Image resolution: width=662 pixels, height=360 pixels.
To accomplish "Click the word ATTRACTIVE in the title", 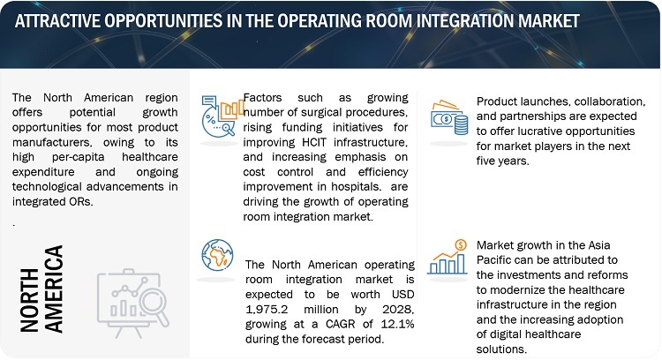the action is pos(56,20).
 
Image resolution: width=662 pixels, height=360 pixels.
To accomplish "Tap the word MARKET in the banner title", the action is pos(548,20).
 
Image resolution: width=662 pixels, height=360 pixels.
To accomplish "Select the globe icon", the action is pos(217,255).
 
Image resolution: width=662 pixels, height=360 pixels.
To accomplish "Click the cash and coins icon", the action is pos(449,117).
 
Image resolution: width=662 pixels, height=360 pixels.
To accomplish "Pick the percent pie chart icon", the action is pos(222,116).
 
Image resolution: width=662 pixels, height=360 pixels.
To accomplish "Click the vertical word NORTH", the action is pos(29,300).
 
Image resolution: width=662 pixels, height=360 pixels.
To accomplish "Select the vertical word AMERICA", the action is pos(54,289).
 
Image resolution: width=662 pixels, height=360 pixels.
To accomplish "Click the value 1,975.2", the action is pos(267,310).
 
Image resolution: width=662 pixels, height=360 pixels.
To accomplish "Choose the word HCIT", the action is pos(314,142).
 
